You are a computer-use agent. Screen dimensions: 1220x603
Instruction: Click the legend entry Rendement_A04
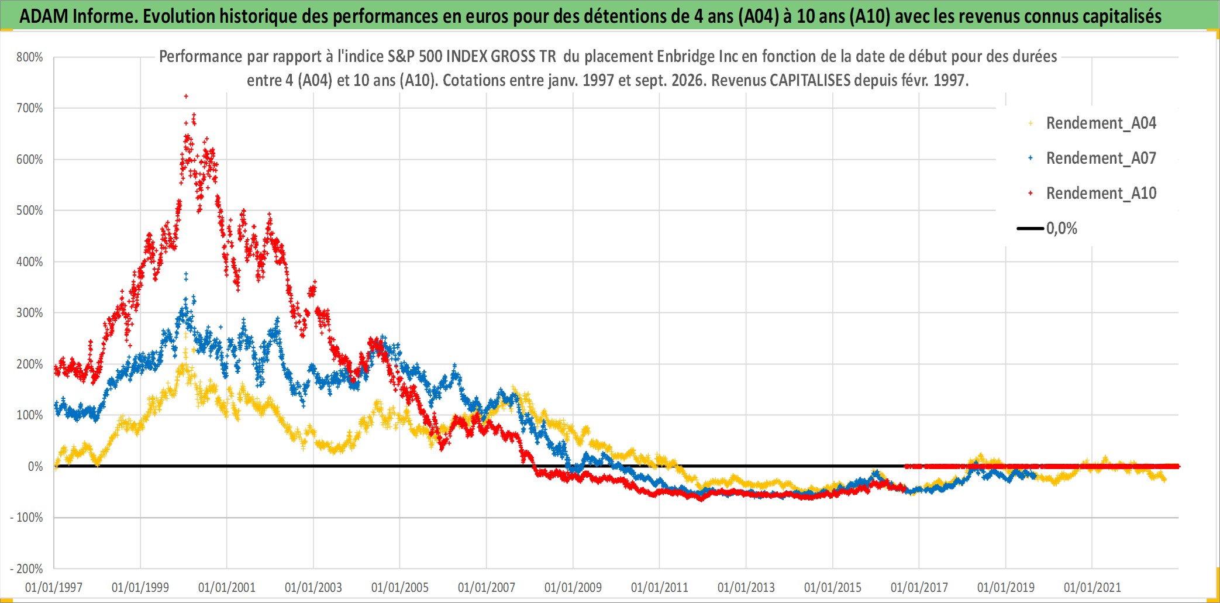[1101, 123]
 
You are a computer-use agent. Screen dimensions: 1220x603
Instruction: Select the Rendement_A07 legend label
[1101, 158]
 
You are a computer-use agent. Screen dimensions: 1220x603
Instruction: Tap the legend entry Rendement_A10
[1101, 193]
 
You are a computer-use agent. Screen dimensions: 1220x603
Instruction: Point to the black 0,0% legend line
[1031, 228]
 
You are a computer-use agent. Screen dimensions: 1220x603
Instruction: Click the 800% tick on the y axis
[30, 57]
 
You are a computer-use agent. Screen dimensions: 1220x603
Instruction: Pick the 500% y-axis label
[30, 210]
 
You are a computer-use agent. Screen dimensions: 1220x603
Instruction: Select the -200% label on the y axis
[27, 568]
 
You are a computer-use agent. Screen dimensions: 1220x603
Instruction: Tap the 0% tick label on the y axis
[36, 466]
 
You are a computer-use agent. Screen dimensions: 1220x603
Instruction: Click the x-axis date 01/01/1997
[54, 587]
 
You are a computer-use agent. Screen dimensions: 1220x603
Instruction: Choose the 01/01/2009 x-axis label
[573, 587]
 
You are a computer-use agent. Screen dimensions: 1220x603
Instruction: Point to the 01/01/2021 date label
[1093, 587]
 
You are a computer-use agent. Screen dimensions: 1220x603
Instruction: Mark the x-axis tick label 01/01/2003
[313, 587]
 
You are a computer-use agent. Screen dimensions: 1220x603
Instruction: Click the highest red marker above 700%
[186, 96]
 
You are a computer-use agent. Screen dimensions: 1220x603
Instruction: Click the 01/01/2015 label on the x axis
[833, 587]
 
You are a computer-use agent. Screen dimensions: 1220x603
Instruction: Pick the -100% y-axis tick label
[27, 517]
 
